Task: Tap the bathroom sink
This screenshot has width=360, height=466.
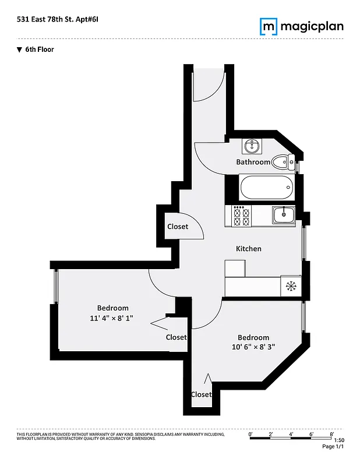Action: pos(253,144)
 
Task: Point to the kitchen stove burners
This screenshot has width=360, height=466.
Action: pos(242,217)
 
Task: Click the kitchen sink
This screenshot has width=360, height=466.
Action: pos(284,214)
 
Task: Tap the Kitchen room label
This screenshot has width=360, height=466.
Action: pos(248,249)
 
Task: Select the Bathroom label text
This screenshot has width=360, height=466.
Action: pos(253,162)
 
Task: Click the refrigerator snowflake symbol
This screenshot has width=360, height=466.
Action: pos(291,285)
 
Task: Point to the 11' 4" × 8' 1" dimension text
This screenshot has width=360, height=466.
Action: pos(113,318)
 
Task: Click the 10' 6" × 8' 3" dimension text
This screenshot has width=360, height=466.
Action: pos(253,347)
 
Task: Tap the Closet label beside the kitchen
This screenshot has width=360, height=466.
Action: pos(178,227)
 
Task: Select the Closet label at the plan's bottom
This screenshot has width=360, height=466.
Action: pos(201,394)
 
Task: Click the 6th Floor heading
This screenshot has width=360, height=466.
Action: pos(39,50)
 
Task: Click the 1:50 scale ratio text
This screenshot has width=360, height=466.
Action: pos(339,440)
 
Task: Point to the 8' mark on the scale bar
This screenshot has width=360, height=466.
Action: pos(331,434)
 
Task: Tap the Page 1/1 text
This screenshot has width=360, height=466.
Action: pos(333,446)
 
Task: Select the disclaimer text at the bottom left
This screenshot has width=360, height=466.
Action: pos(86,436)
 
